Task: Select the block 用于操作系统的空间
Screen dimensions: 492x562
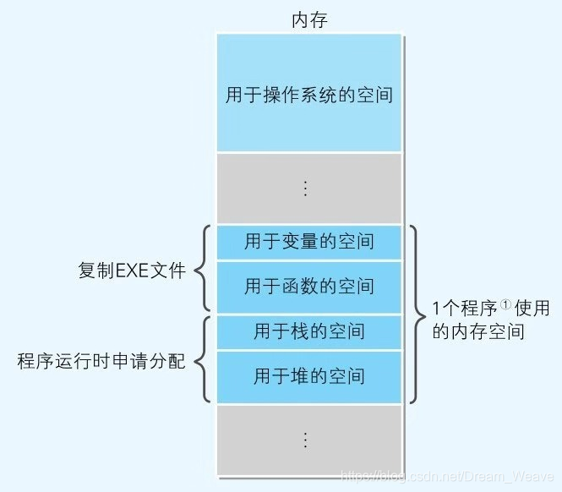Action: click(309, 93)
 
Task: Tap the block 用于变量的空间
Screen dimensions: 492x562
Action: click(309, 243)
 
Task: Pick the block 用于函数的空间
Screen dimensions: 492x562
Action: click(309, 286)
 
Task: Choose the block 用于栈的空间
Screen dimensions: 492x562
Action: click(309, 331)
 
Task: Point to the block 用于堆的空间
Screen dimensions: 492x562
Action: click(309, 375)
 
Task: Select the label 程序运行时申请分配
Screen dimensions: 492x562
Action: click(101, 362)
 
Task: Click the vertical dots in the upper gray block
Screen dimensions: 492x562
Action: click(307, 189)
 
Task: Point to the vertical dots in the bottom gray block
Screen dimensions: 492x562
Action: click(307, 440)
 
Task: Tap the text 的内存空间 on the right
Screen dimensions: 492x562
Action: click(478, 332)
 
